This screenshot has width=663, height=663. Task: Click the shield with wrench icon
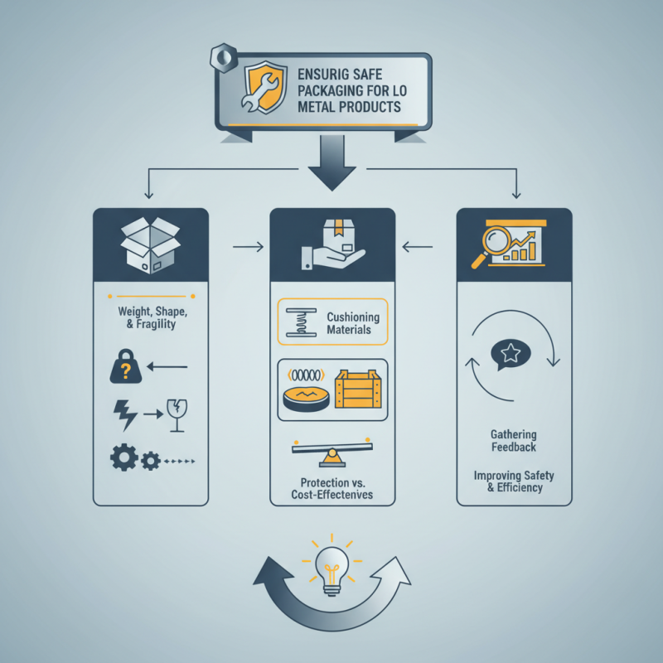(x=264, y=87)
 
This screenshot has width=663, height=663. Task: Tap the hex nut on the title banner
(x=223, y=57)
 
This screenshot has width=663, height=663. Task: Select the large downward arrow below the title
(x=332, y=162)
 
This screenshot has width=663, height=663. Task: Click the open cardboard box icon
(x=151, y=245)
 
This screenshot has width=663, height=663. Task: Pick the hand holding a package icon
(x=333, y=244)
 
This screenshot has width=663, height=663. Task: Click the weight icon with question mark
(x=126, y=366)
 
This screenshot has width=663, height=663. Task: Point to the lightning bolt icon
(x=125, y=415)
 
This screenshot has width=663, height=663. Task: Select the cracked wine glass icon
(x=177, y=415)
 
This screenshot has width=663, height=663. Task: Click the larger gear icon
(x=123, y=457)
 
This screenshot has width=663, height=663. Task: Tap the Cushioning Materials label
(x=353, y=323)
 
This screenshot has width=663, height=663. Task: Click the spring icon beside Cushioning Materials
(x=301, y=322)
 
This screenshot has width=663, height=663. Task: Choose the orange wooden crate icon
(x=358, y=389)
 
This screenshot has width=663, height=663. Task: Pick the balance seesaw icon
(x=332, y=452)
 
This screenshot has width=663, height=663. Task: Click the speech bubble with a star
(x=511, y=355)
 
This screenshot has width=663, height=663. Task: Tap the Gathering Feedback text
(x=514, y=441)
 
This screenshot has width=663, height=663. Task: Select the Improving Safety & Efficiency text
(x=514, y=482)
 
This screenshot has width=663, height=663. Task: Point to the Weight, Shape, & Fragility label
(x=152, y=317)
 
